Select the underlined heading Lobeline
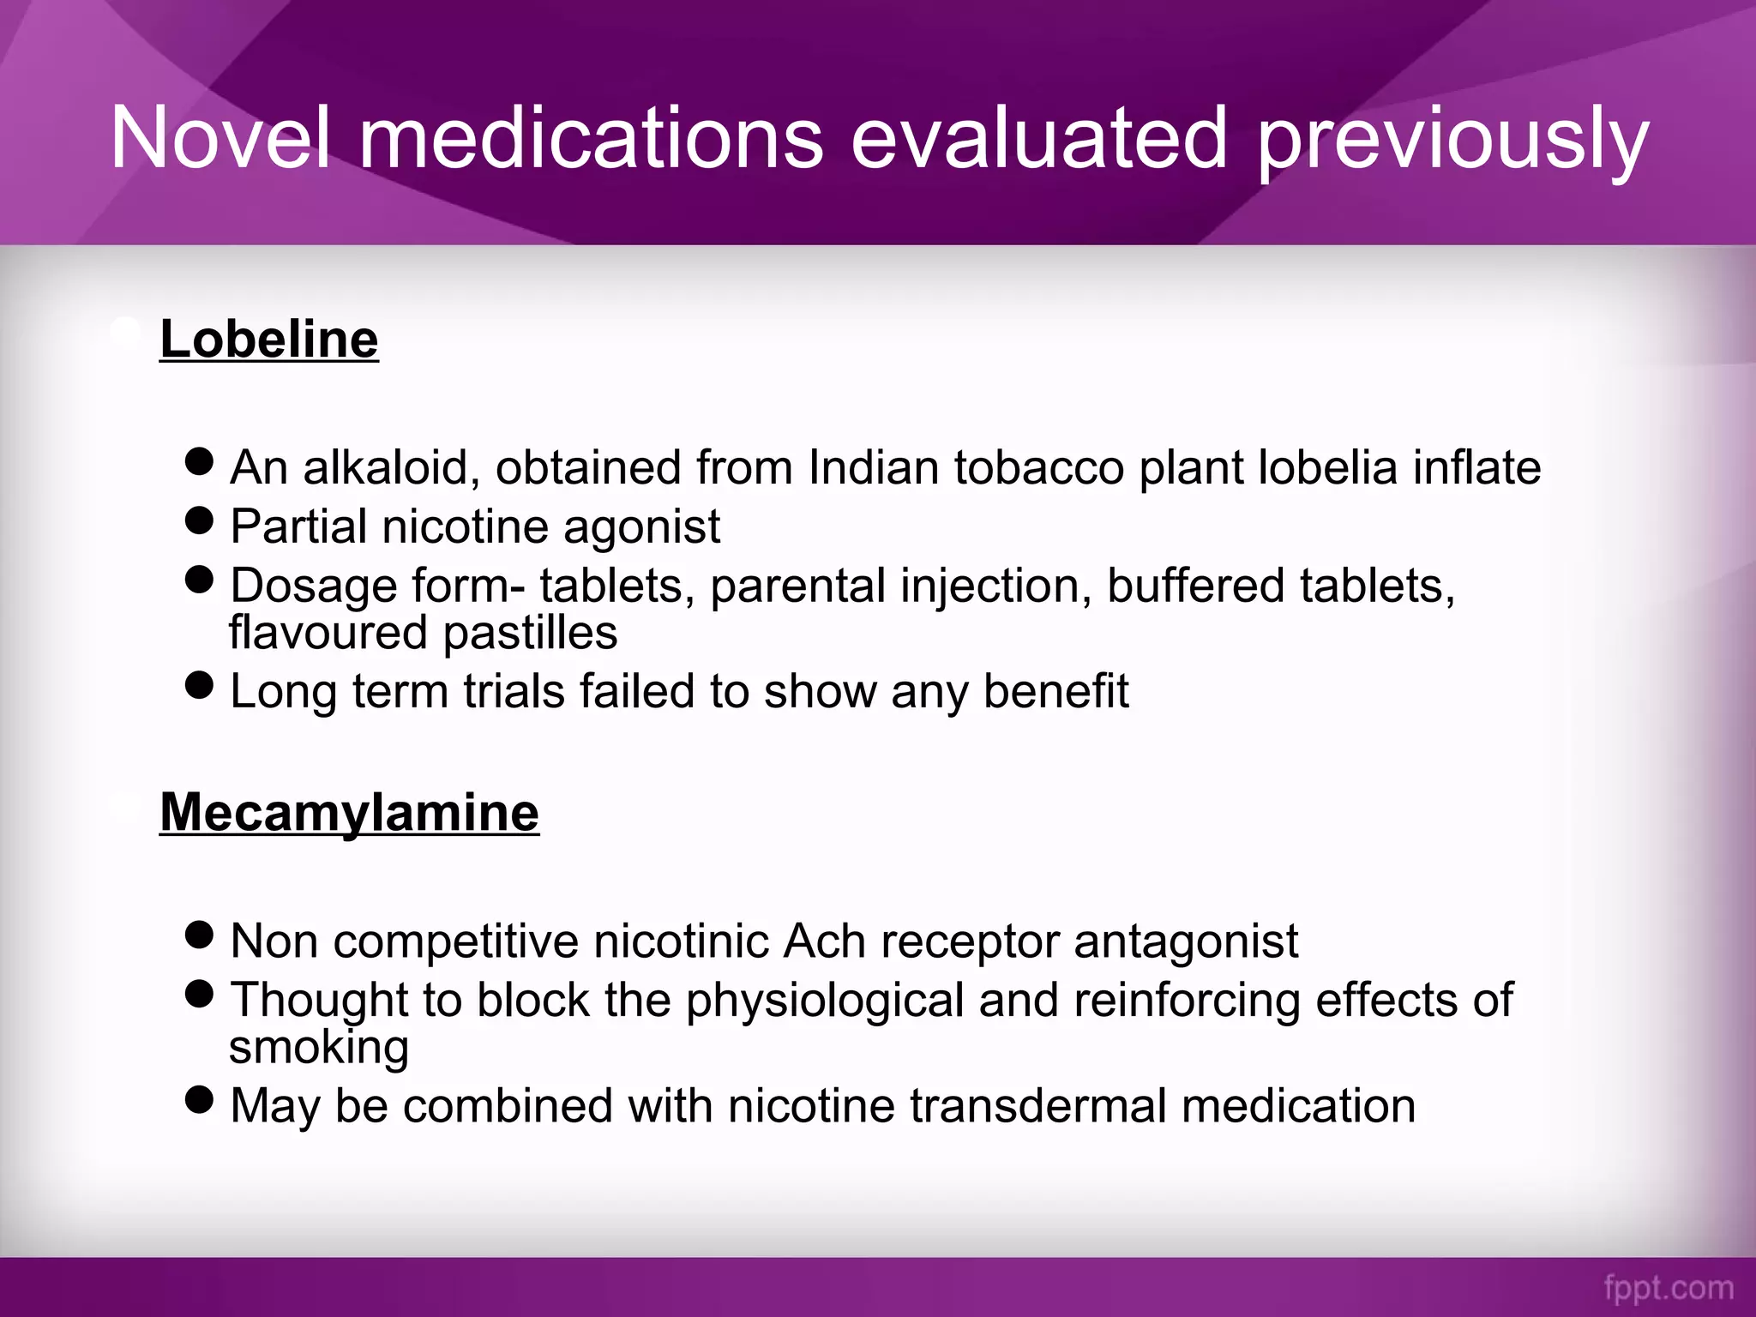tap(269, 339)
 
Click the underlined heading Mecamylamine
tap(349, 812)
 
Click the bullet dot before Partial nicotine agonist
tap(199, 520)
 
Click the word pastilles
tap(530, 634)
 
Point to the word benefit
tap(1055, 691)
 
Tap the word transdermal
tap(1038, 1106)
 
